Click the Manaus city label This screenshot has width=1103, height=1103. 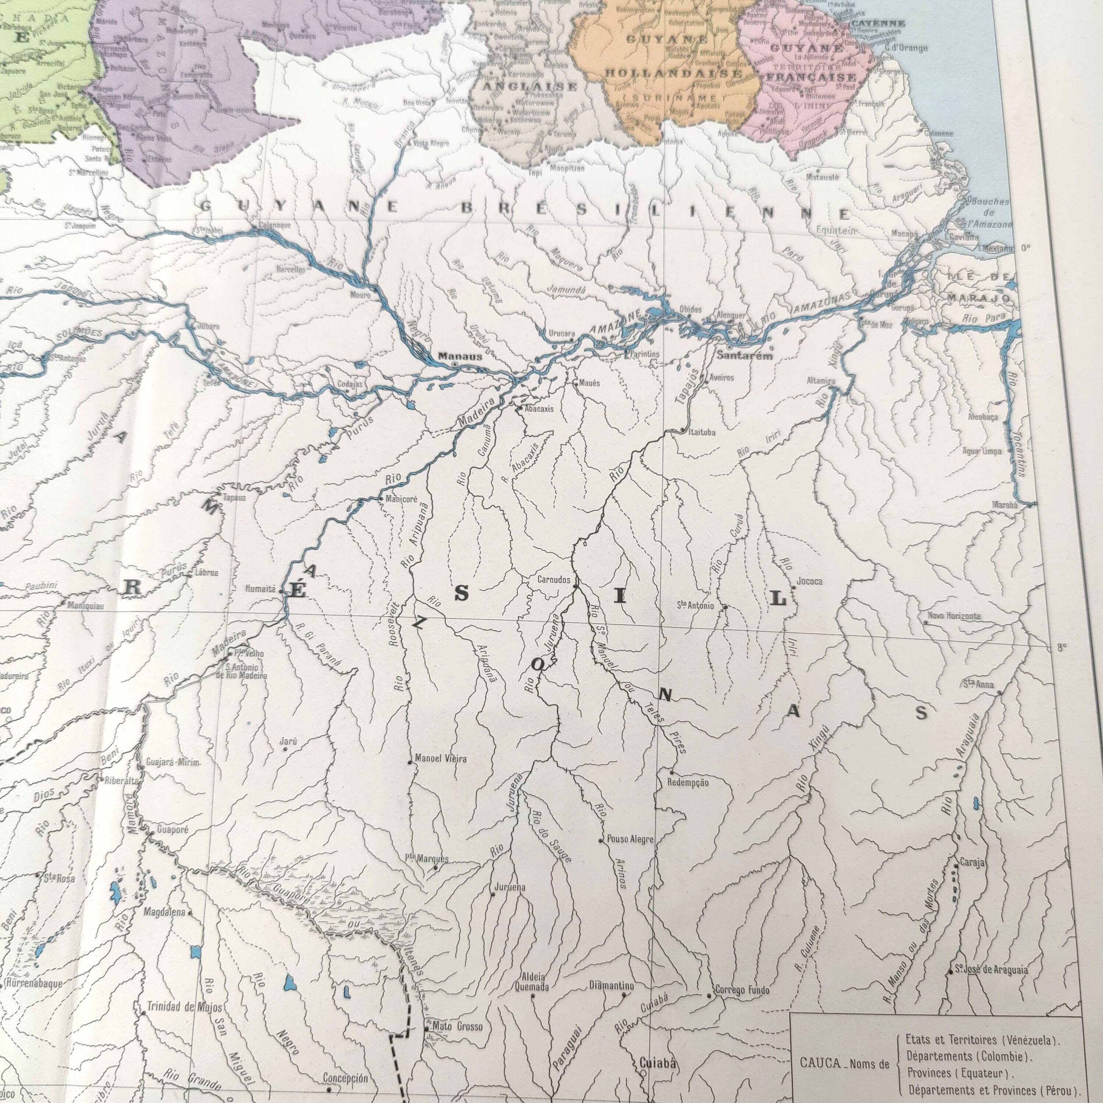(460, 356)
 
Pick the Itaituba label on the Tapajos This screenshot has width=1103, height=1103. (702, 432)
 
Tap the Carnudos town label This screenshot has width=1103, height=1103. (554, 579)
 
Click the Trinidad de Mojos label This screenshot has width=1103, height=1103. (185, 1007)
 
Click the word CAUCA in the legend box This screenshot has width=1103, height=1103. (820, 1063)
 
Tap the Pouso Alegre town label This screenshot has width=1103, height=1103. (630, 839)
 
